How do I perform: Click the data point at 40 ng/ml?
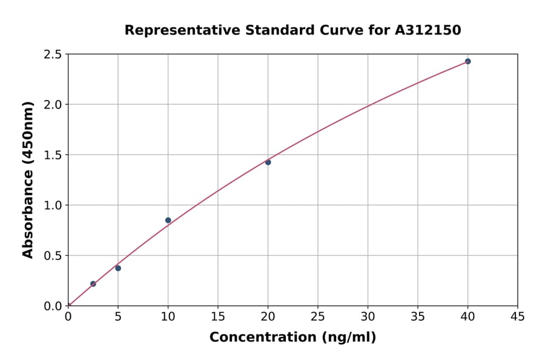[467, 61]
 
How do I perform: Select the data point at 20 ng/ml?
[268, 162]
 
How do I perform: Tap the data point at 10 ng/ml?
[168, 220]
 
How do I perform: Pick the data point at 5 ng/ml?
[118, 268]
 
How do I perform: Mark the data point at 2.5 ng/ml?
[93, 284]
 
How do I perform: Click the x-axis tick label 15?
[218, 316]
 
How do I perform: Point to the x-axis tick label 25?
[318, 316]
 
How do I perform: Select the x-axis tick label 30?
[368, 316]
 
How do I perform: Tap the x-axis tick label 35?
[418, 316]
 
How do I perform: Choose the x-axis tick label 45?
[518, 316]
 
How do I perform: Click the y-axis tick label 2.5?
[53, 55]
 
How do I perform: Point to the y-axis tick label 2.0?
[53, 105]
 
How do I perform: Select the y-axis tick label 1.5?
[53, 155]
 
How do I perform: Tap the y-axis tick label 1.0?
[53, 205]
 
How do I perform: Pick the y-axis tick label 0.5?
[53, 256]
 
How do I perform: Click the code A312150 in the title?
[428, 30]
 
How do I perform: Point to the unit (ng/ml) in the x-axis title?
[348, 337]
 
